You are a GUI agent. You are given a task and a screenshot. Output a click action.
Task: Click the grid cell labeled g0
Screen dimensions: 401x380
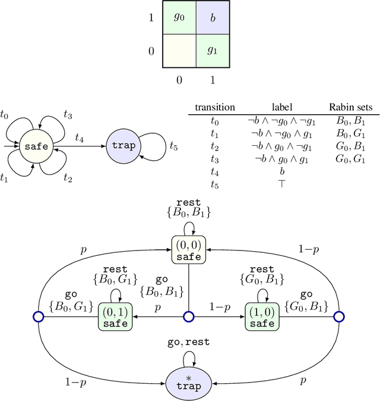179,18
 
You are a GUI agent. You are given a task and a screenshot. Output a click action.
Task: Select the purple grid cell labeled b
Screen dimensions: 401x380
212,18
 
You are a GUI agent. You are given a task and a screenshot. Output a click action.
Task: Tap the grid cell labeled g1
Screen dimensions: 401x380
212,51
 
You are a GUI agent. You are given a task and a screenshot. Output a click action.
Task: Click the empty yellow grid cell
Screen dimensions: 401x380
179,51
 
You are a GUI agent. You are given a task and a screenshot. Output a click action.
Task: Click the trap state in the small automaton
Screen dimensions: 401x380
122,145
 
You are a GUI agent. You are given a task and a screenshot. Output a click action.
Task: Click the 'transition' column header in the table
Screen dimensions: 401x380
216,107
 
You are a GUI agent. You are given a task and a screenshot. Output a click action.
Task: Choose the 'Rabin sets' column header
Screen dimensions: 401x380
350,107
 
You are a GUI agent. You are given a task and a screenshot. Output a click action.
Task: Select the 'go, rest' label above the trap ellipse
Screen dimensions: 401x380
189,343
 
